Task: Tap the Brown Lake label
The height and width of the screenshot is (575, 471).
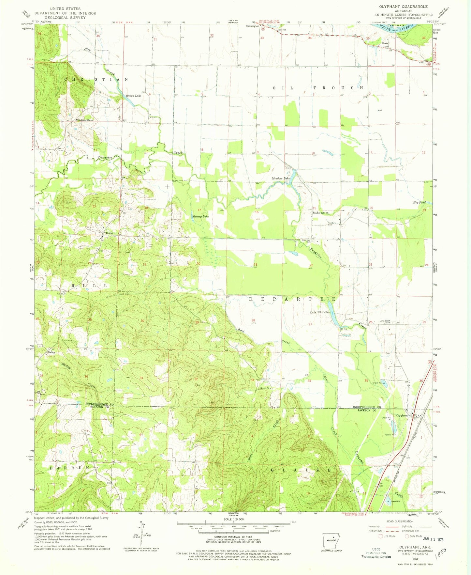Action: tap(134, 96)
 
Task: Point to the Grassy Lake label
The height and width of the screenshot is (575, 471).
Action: tap(200, 216)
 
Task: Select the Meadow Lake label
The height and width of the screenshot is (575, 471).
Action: tap(281, 179)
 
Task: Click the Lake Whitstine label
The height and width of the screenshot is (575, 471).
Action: tap(320, 312)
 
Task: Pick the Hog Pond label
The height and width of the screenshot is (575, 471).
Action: tap(419, 203)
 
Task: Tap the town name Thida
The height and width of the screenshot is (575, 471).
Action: tap(109, 233)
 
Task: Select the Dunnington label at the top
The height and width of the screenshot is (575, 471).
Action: tap(253, 26)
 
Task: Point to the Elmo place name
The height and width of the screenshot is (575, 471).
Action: tap(385, 43)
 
